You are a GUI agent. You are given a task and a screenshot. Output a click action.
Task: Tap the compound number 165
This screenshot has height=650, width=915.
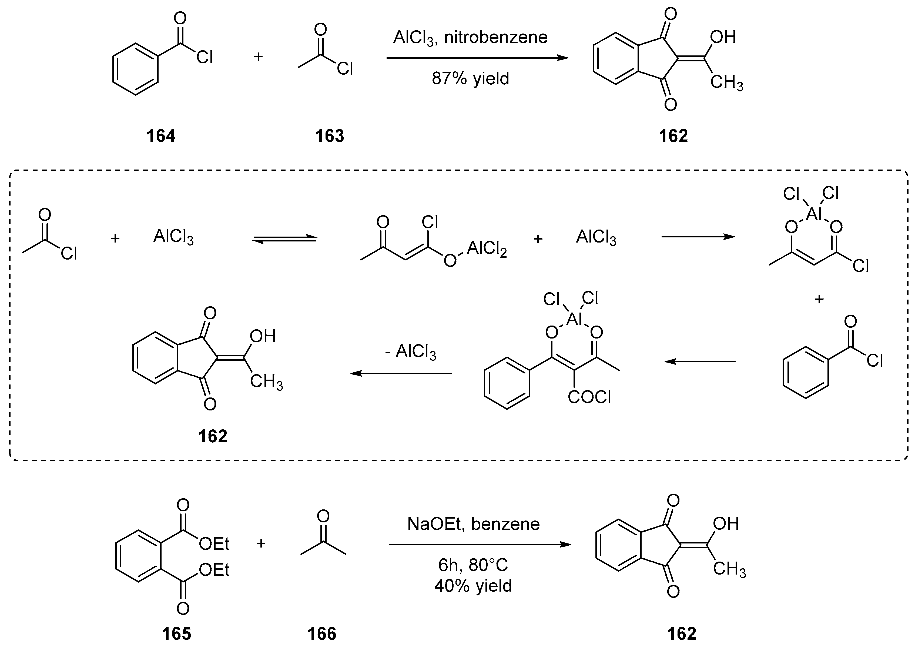point(176,634)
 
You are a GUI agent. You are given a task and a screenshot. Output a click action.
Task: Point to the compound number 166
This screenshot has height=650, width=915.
point(322,634)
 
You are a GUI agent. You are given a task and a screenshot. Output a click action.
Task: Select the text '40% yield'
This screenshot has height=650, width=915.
point(473,586)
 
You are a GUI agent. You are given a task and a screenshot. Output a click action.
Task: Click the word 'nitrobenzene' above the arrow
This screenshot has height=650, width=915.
point(496,38)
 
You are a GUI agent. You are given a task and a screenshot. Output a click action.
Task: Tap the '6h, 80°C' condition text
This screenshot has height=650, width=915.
point(473,565)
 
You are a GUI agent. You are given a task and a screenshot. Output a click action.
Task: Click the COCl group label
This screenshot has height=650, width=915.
point(589,397)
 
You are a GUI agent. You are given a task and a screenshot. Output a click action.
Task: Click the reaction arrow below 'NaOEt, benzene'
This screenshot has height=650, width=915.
point(480,545)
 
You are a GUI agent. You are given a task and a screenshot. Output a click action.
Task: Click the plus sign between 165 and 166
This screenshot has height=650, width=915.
point(261,543)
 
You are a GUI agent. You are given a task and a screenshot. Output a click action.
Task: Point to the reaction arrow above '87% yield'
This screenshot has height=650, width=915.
point(477,58)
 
